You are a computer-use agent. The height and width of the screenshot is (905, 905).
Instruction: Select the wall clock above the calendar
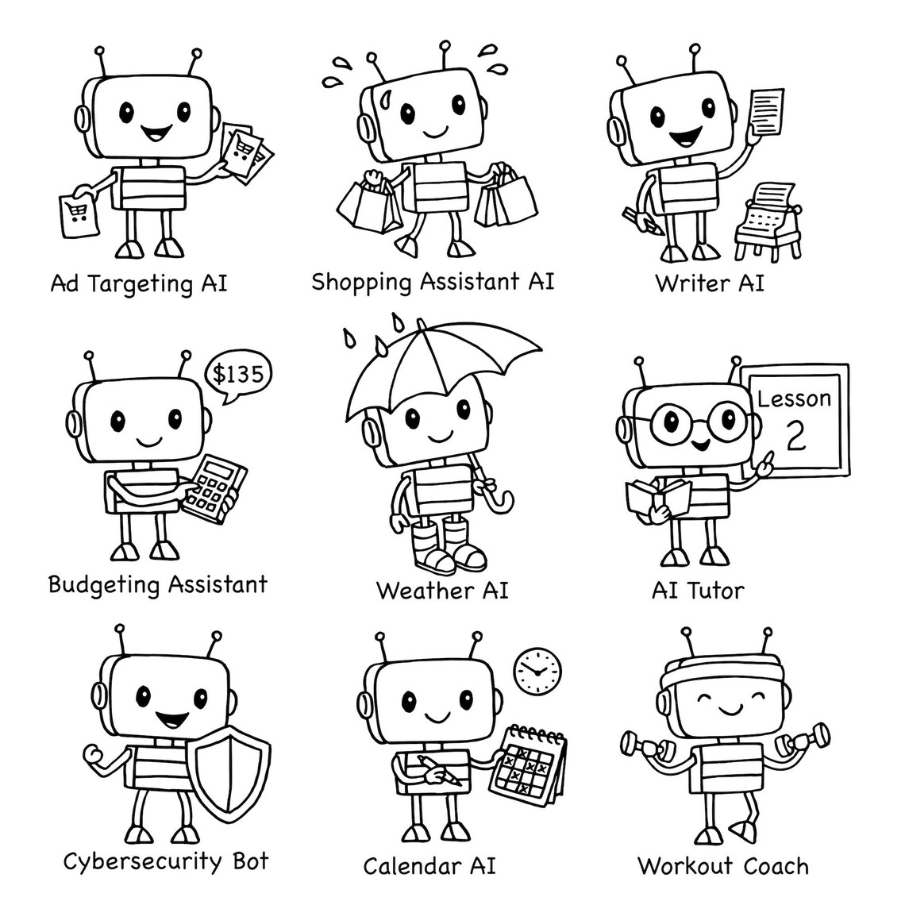(x=537, y=671)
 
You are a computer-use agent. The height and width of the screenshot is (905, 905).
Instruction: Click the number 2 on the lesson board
(x=795, y=435)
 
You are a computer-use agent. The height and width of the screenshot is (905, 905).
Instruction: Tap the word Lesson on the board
(x=794, y=398)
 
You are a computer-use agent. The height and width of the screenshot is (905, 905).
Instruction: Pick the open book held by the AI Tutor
(x=658, y=499)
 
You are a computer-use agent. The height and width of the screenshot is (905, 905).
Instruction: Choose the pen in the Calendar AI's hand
(x=441, y=770)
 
